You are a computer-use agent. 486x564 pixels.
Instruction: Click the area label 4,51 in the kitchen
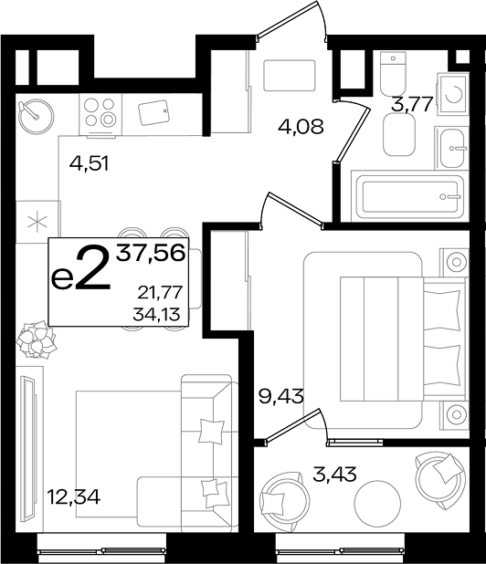(89, 164)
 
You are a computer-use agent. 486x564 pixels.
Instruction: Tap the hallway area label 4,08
(301, 127)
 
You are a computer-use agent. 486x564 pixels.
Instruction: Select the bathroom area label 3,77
(412, 105)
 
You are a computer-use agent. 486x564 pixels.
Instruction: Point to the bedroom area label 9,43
(281, 397)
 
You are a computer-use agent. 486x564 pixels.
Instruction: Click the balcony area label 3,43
(334, 474)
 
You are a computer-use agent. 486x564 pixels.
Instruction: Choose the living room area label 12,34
(74, 497)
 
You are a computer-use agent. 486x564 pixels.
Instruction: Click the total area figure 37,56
(151, 253)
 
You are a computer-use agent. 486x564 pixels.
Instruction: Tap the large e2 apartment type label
(80, 268)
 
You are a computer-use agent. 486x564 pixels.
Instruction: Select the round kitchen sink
(36, 116)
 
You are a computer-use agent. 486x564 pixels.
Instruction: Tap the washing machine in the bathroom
(453, 94)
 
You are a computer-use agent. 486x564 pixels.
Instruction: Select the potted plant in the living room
(37, 340)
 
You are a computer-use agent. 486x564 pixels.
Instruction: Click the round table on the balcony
(377, 503)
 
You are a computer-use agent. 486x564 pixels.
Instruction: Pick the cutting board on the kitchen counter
(153, 112)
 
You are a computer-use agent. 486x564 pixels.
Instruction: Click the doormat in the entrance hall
(290, 76)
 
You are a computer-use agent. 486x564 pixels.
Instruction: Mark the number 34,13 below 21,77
(156, 315)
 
